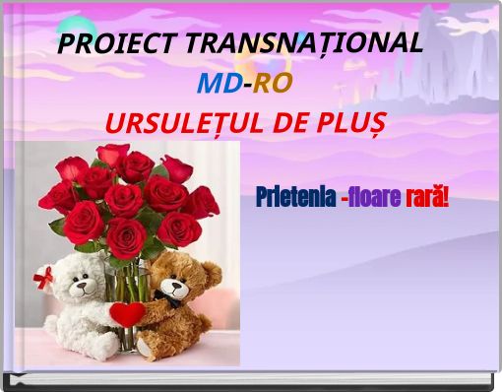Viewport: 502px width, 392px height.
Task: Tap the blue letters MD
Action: pos(220,83)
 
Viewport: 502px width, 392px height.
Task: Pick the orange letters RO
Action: pos(273,83)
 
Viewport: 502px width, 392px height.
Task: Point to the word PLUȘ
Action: pos(351,125)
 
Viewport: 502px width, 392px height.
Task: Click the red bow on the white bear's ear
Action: pos(44,279)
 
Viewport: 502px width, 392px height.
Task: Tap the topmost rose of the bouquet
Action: pos(112,155)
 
